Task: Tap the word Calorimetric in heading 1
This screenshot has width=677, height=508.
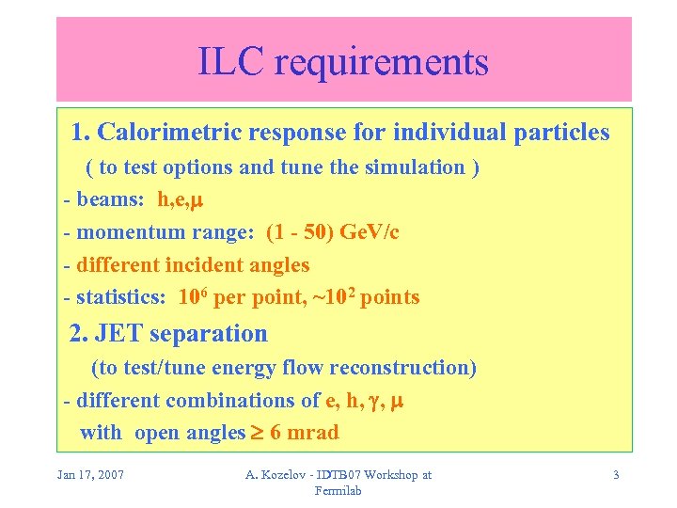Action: tap(165, 133)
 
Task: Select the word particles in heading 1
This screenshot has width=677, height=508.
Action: tap(561, 133)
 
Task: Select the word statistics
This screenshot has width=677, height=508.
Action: tap(120, 298)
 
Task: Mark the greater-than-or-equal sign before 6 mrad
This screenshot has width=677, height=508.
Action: tap(257, 433)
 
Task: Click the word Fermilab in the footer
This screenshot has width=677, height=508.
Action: tap(338, 490)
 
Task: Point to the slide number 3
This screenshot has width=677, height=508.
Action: tap(616, 475)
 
